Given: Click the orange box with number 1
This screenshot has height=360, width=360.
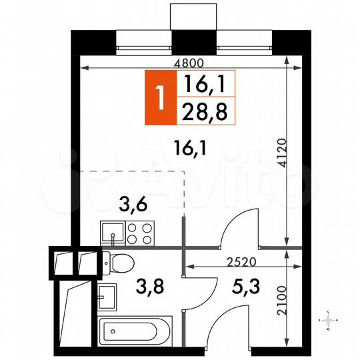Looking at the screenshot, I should [159, 97].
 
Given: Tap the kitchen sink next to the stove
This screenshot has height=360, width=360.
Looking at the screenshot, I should [111, 233].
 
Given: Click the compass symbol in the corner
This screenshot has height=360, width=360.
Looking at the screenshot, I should [328, 321].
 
